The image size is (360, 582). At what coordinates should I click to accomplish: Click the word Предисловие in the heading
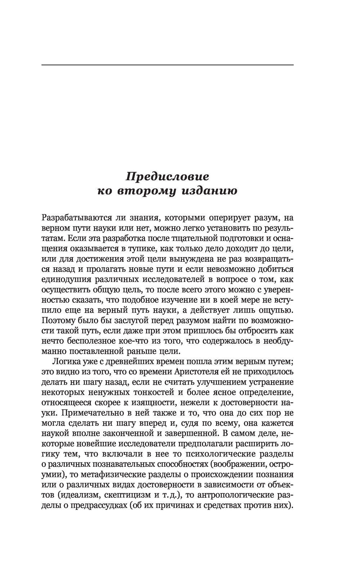[167, 177]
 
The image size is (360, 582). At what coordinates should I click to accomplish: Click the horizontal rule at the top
[167, 65]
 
